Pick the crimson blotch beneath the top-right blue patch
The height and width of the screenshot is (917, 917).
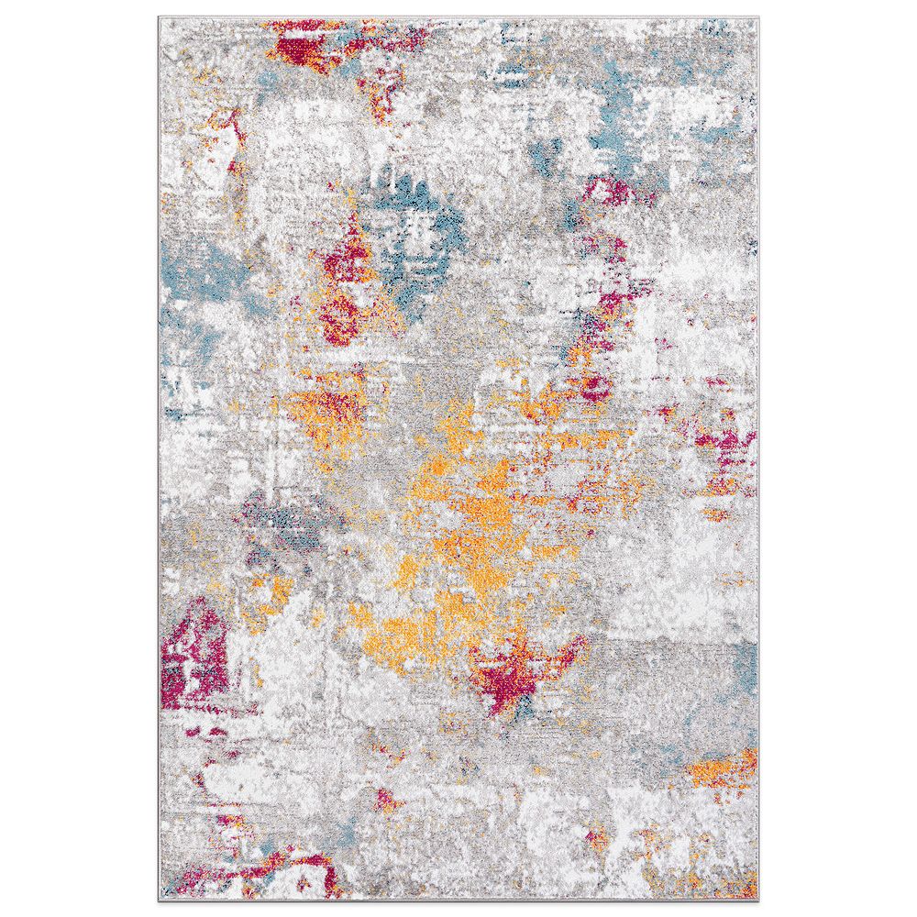click(x=610, y=193)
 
